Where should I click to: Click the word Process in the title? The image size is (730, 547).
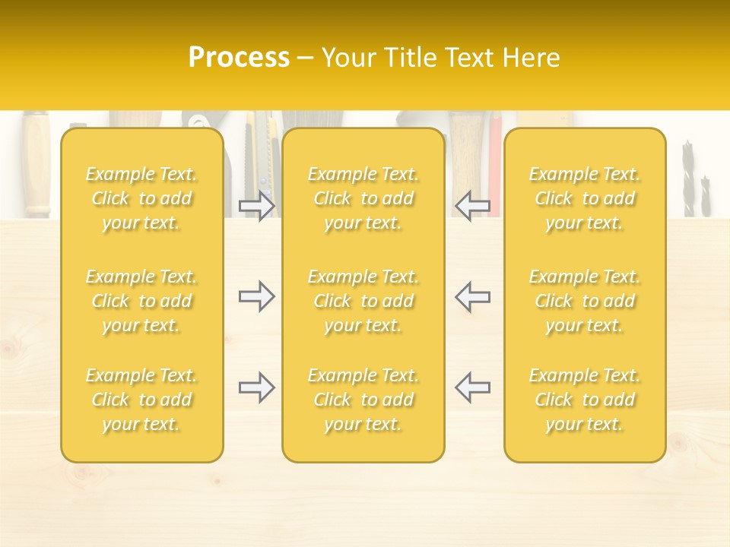(239, 58)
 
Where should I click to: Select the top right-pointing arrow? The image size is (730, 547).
(256, 206)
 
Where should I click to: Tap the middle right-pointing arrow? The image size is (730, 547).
(256, 296)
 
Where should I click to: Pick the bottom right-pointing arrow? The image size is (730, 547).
(256, 387)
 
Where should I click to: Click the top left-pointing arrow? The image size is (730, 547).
(472, 206)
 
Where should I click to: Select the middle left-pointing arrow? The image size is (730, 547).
(472, 296)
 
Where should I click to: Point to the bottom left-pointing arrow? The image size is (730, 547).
(472, 387)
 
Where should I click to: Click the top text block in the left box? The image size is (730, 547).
(141, 198)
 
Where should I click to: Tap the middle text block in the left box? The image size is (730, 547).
(141, 301)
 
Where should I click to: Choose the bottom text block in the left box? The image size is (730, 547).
(141, 400)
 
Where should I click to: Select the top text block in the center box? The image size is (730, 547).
(363, 198)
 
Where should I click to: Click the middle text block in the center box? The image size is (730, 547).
(363, 301)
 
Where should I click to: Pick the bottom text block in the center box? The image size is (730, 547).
(363, 400)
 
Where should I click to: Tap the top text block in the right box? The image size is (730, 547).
(585, 198)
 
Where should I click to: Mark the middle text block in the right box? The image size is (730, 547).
(585, 301)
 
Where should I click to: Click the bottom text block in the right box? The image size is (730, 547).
(585, 400)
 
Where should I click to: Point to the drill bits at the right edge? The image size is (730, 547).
(695, 179)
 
